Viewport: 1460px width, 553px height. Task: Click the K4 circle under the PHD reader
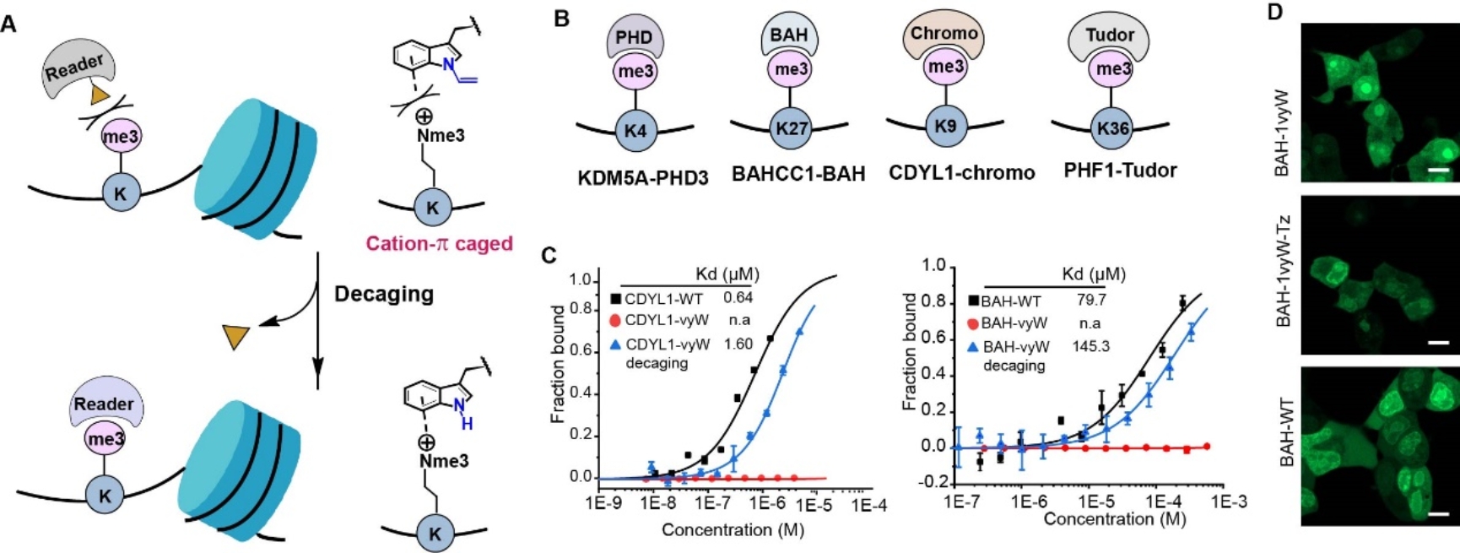point(635,131)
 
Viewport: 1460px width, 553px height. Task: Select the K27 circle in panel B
point(792,128)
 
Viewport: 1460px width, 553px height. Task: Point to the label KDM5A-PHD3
point(643,178)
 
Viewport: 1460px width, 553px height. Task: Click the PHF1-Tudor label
point(1120,171)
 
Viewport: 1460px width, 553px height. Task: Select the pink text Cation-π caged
point(439,244)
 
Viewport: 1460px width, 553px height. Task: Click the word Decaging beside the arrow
point(384,294)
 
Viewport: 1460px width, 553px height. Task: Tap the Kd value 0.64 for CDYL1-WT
point(738,297)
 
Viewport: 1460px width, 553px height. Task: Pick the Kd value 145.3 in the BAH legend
point(1090,346)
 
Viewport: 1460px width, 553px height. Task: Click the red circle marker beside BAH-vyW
point(972,324)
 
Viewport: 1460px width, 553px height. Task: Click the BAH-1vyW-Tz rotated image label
point(1284,270)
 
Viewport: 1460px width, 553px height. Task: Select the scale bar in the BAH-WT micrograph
point(1440,512)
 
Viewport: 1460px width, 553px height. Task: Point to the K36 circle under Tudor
point(1112,128)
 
